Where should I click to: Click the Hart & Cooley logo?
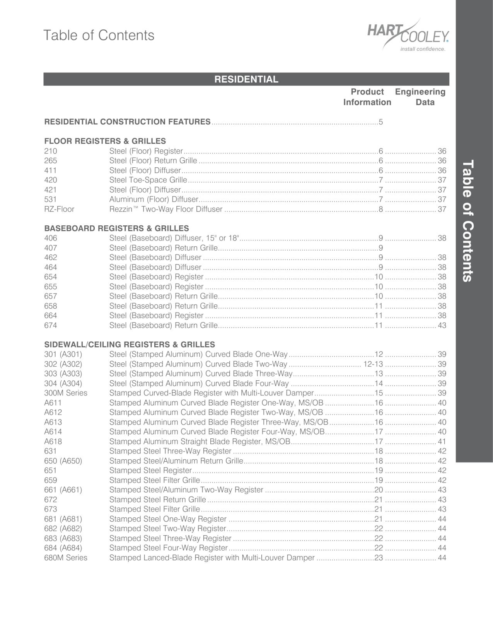[x=408, y=35]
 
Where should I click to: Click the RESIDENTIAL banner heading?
[x=246, y=79]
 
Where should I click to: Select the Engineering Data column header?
[x=420, y=97]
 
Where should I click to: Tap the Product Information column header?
[x=367, y=97]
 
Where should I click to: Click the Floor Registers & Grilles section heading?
[x=105, y=141]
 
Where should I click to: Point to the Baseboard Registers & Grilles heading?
[x=116, y=228]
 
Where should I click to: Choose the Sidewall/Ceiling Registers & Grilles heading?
[x=130, y=344]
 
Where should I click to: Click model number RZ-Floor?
[x=59, y=209]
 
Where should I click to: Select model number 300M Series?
[x=66, y=393]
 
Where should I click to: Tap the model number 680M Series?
[x=66, y=558]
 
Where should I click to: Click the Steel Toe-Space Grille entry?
[x=148, y=180]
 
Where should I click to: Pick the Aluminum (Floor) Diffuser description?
[x=154, y=199]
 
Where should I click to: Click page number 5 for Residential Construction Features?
[x=381, y=122]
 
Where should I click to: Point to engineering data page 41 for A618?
[x=442, y=441]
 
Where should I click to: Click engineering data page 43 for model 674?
[x=442, y=325]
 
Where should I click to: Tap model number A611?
[x=53, y=403]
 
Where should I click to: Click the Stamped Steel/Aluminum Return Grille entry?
[x=176, y=461]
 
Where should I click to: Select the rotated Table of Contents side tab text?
[x=468, y=221]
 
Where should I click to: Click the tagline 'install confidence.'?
[x=423, y=49]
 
